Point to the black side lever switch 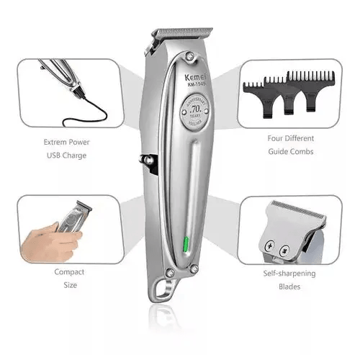[x=150, y=165]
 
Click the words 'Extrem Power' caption [x=66, y=142]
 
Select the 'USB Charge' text [x=66, y=155]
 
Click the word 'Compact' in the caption [x=68, y=272]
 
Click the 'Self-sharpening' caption [x=292, y=274]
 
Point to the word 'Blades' [x=292, y=287]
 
